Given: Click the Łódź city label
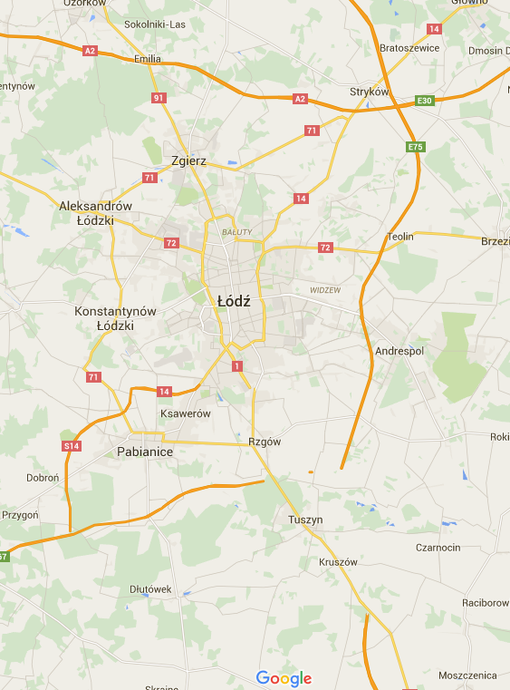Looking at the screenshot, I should pyautogui.click(x=234, y=300).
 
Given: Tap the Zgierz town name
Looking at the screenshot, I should pyautogui.click(x=189, y=160).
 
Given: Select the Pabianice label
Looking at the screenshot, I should pyautogui.click(x=145, y=451).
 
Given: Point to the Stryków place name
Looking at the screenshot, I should pyautogui.click(x=369, y=92).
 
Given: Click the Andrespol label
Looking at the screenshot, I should pyautogui.click(x=399, y=350).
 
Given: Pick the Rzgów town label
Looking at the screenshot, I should pyautogui.click(x=265, y=442).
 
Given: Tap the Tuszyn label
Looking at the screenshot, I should pyautogui.click(x=304, y=520).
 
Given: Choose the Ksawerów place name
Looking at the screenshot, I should pyautogui.click(x=185, y=413).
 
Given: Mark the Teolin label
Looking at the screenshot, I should pyautogui.click(x=400, y=237).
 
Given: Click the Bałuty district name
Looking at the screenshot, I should pyautogui.click(x=236, y=233).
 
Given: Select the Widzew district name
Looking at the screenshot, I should pyautogui.click(x=324, y=290).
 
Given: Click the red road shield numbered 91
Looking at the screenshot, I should pyautogui.click(x=159, y=98).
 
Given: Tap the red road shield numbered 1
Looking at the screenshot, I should pyautogui.click(x=237, y=366).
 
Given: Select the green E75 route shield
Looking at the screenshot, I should pyautogui.click(x=415, y=147).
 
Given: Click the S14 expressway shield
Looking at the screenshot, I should pyautogui.click(x=72, y=446).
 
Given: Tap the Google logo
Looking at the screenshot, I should pyautogui.click(x=284, y=678).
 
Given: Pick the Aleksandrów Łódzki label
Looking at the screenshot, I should pyautogui.click(x=95, y=213).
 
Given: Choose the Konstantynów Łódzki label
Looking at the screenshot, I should pyautogui.click(x=115, y=318).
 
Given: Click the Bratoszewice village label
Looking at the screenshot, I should pyautogui.click(x=409, y=48).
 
